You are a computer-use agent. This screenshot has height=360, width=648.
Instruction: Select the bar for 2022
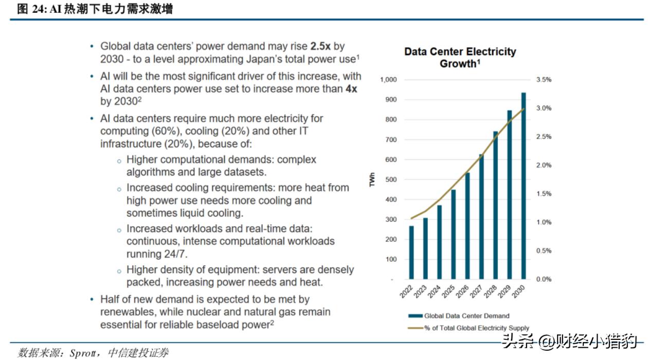click(x=411, y=253)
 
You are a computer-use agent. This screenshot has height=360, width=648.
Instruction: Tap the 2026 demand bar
click(x=467, y=226)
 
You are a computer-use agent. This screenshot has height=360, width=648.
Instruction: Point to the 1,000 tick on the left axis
click(x=389, y=80)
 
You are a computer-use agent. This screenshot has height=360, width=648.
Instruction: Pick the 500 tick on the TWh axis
click(x=392, y=179)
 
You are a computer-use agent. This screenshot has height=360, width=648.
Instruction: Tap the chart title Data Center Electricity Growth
click(x=460, y=58)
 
